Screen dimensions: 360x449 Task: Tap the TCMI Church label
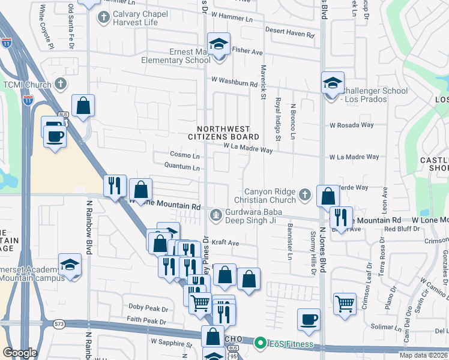[x=27, y=85]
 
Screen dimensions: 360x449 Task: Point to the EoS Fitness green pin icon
[x=260, y=343]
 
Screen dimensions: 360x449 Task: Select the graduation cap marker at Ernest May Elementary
[x=218, y=44]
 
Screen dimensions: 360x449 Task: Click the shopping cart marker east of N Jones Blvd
[x=344, y=304]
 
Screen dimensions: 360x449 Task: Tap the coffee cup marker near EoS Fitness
[x=309, y=319]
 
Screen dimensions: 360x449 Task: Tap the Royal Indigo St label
[x=278, y=121]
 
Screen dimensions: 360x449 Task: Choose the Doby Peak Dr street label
[x=148, y=308]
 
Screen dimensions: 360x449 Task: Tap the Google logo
[x=20, y=353]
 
